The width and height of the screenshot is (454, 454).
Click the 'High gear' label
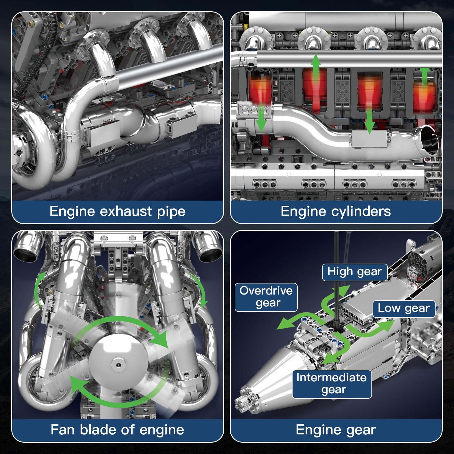354,272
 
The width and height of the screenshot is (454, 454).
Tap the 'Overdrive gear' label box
266,297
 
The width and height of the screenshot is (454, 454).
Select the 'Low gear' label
403,308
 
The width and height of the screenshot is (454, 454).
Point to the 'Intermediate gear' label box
332,384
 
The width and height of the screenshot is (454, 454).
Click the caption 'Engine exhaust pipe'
117,211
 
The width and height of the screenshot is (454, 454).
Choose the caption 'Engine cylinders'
336,211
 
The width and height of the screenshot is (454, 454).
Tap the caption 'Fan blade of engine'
117,430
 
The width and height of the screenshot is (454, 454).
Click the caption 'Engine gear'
336,430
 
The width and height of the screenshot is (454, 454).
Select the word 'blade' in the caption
98,430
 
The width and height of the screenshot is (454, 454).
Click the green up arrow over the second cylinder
315,65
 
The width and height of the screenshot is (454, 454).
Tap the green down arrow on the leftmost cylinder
261,119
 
